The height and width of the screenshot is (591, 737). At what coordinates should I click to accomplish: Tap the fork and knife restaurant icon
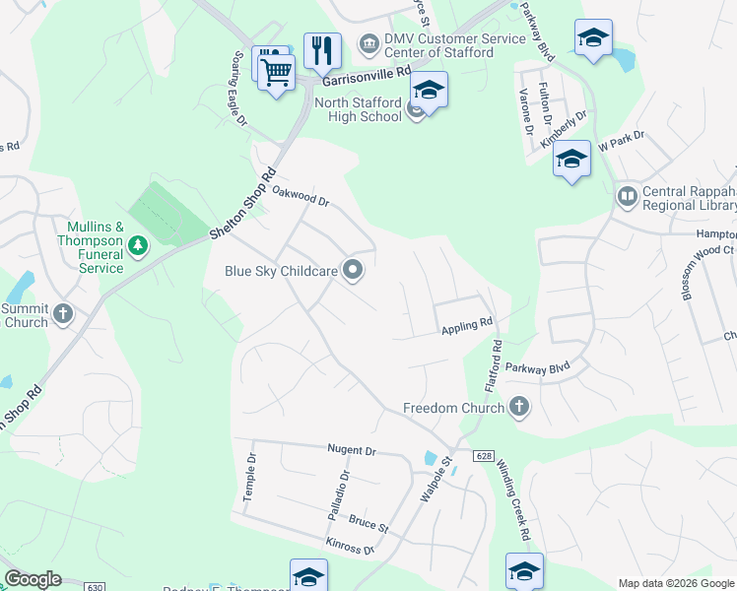[322, 49]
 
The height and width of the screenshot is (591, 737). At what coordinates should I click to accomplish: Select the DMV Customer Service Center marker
[368, 43]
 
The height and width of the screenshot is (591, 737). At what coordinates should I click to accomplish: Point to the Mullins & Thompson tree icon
[139, 244]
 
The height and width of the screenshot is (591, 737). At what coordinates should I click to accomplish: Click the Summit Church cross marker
[63, 314]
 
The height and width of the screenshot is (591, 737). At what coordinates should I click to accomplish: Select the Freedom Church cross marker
[519, 408]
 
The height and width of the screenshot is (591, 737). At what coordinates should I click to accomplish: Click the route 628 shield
[482, 456]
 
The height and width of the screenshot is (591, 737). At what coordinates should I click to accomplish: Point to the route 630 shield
[95, 587]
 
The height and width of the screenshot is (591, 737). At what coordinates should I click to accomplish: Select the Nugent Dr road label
[352, 450]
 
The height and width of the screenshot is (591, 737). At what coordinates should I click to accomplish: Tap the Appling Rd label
[466, 324]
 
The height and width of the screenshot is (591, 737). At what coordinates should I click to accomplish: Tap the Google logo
[33, 579]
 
